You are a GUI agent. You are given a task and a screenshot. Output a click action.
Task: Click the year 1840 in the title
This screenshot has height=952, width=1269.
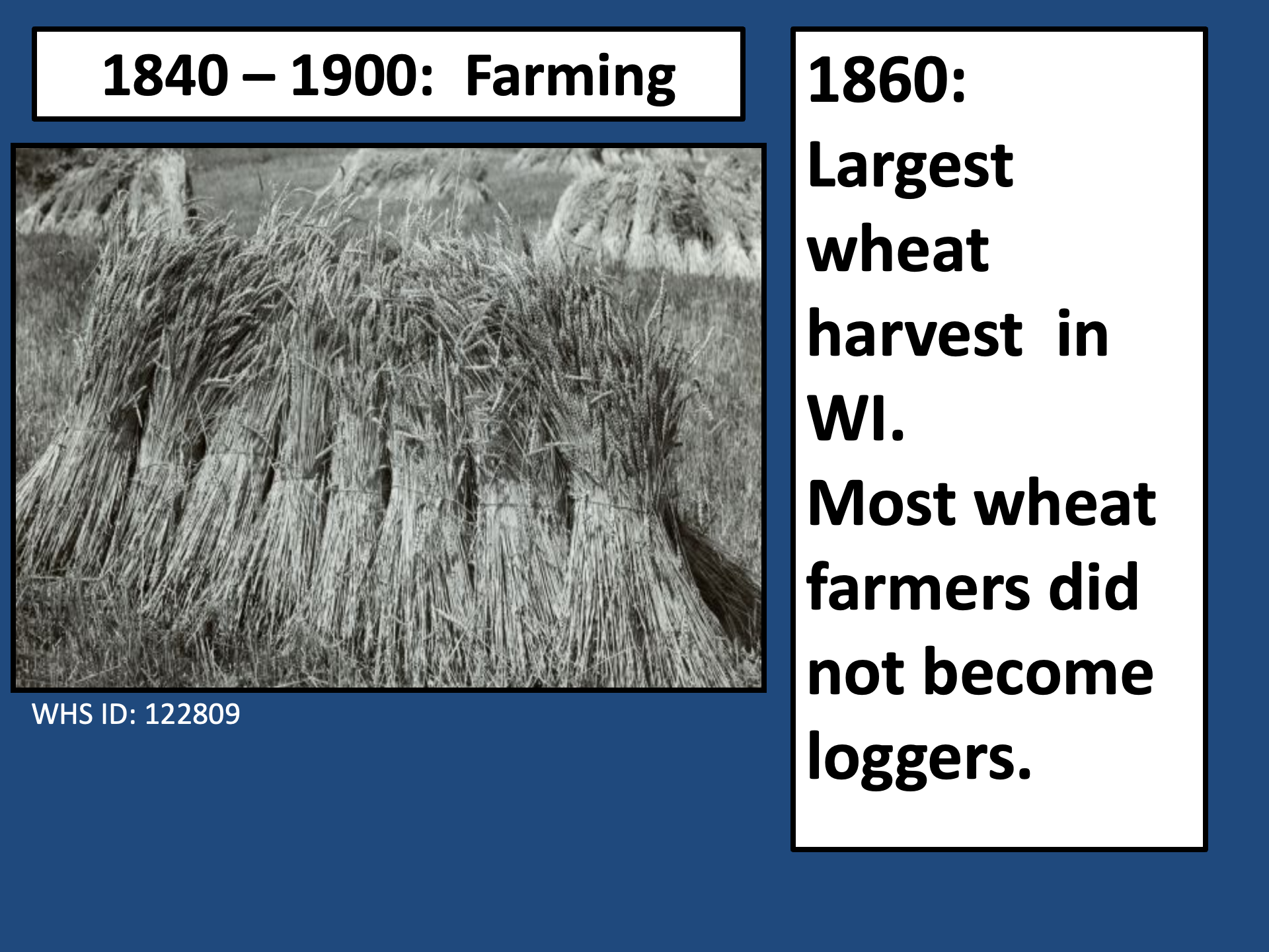click(166, 75)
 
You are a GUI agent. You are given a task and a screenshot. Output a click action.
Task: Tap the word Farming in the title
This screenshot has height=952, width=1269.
click(570, 78)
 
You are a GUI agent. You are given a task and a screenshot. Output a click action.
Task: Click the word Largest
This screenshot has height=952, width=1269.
click(910, 167)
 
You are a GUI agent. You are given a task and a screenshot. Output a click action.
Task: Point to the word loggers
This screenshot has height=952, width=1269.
click(919, 759)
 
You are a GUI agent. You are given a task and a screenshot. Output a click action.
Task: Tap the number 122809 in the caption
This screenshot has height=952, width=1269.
click(192, 714)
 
